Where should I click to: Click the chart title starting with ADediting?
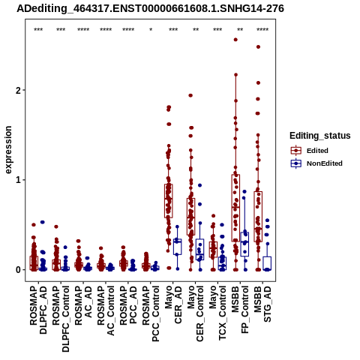pos(150,8)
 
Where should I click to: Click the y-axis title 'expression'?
pos(8,150)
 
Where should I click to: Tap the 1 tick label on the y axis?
pos(18,180)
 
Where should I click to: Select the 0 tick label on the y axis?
pos(18,270)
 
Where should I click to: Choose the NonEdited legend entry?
pos(316,163)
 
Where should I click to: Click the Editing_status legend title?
pos(320,136)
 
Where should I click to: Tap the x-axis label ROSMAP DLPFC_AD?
pos(38,310)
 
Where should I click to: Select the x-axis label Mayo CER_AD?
pos(173,304)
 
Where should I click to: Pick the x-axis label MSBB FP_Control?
pos(240,310)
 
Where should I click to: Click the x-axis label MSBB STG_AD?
pos(262,304)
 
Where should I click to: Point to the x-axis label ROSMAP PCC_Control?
pos(151,313)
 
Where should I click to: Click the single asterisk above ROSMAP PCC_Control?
pos(151,30)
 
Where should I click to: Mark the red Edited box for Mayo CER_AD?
pos(169,201)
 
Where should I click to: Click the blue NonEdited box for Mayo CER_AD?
pos(178,247)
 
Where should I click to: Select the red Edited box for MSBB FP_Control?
pos(235,208)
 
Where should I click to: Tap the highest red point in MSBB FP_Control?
pos(235,40)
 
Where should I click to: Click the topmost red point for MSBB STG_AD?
pos(258,46)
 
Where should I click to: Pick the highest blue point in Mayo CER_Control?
pos(199,185)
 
